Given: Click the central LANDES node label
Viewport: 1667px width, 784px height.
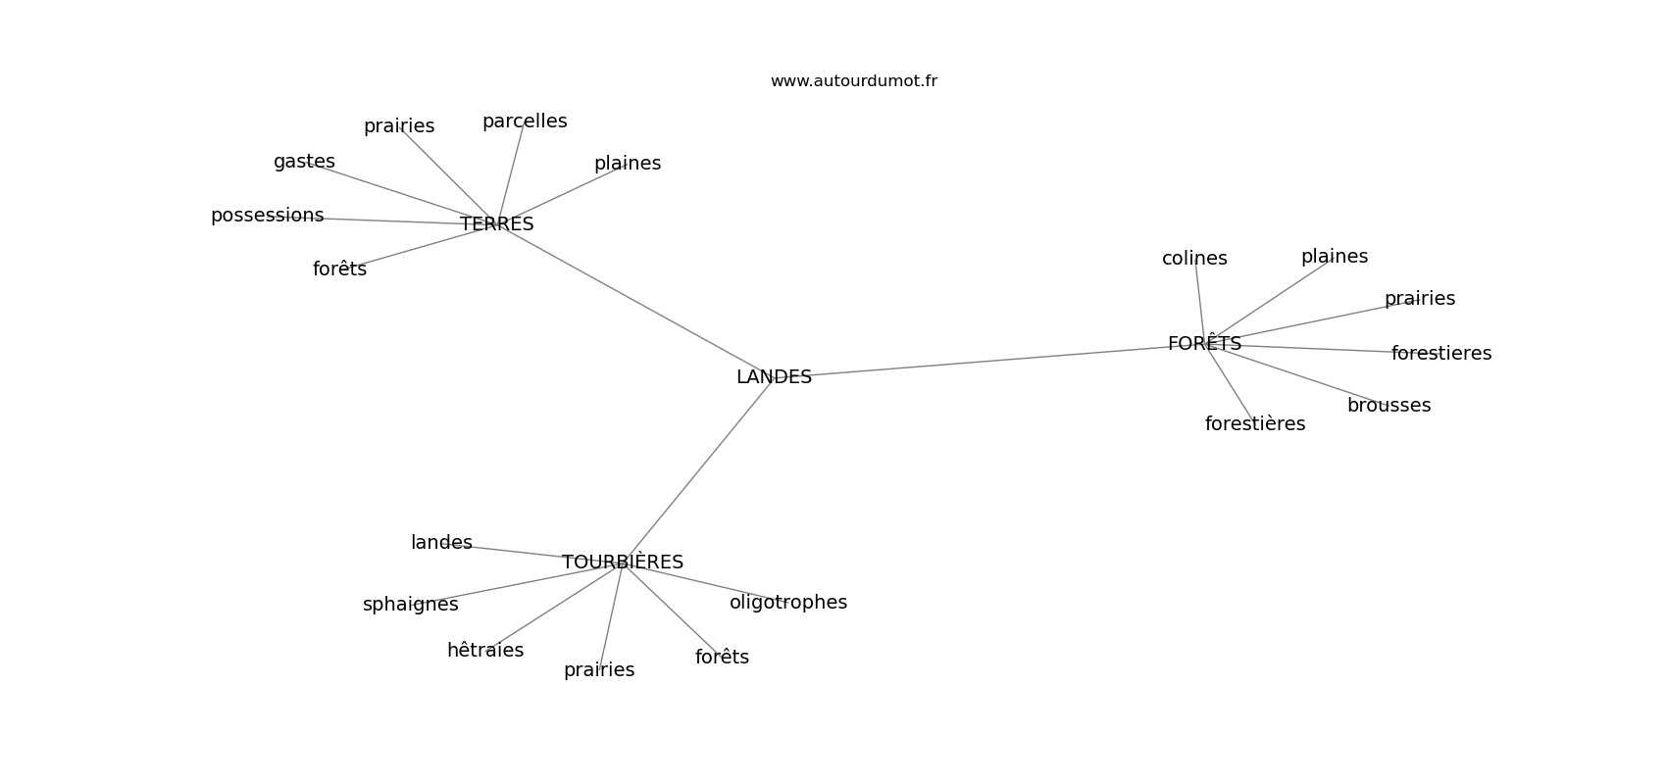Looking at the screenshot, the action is pos(774,377).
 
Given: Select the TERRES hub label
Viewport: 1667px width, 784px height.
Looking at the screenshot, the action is pos(497,223).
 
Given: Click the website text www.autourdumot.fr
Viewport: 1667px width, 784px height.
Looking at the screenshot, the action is pos(853,81).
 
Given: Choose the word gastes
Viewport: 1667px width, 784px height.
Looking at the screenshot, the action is pos(304,162).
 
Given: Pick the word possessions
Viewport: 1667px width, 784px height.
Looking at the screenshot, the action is pos(267,216).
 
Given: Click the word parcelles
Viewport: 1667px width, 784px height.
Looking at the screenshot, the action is pos(525,122).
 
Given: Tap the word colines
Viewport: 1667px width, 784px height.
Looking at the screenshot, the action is pos(1194,258).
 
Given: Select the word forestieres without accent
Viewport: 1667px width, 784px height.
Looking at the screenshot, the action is pos(1441,354).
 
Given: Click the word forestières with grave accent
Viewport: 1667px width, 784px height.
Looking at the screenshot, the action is pos(1255,424).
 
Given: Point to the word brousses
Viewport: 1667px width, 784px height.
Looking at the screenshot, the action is pos(1389,406).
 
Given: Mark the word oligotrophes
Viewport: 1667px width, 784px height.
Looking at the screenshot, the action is pos(788,603).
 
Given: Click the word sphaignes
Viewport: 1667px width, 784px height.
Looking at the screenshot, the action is pos(411,605).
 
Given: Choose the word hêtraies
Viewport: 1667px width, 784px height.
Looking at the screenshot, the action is pos(485,650).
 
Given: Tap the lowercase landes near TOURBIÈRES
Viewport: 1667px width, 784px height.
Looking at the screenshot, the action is pos(441,543).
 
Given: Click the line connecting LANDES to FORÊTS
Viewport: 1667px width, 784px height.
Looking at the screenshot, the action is pos(989,360).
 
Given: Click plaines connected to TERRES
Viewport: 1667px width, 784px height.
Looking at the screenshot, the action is pos(628,164).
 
